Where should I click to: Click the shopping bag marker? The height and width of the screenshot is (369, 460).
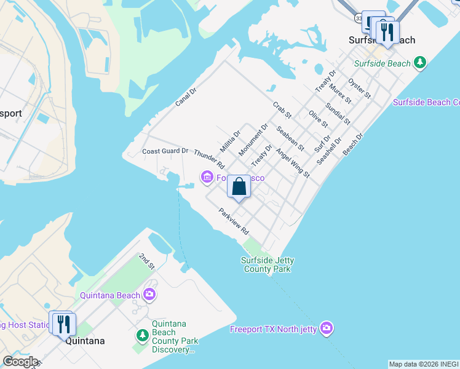pyautogui.click(x=239, y=186)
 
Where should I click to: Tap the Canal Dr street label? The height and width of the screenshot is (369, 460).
pyautogui.click(x=185, y=97)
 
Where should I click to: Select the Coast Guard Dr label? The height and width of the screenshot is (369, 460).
pyautogui.click(x=165, y=151)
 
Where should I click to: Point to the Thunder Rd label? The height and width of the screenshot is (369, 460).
pyautogui.click(x=209, y=159)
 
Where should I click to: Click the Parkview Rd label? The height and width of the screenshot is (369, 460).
pyautogui.click(x=234, y=221)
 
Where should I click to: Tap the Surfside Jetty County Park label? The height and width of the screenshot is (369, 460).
pyautogui.click(x=266, y=264)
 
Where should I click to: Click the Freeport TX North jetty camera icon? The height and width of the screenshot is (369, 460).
pyautogui.click(x=327, y=328)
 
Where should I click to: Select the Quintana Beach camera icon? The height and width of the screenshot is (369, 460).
pyautogui.click(x=149, y=295)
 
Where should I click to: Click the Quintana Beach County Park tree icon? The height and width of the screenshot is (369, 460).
pyautogui.click(x=143, y=336)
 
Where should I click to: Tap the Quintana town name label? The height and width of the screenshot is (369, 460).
pyautogui.click(x=85, y=341)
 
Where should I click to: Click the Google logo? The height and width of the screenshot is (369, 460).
pyautogui.click(x=20, y=362)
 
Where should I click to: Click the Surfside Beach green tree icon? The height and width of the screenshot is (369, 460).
pyautogui.click(x=420, y=63)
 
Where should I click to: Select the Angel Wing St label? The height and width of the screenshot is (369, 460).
pyautogui.click(x=292, y=163)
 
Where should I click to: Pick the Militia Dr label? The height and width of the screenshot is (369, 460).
pyautogui.click(x=230, y=141)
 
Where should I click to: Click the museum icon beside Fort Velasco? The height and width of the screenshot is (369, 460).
pyautogui.click(x=207, y=178)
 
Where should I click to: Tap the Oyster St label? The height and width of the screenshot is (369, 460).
pyautogui.click(x=359, y=88)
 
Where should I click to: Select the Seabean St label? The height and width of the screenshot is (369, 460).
pyautogui.click(x=290, y=138)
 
